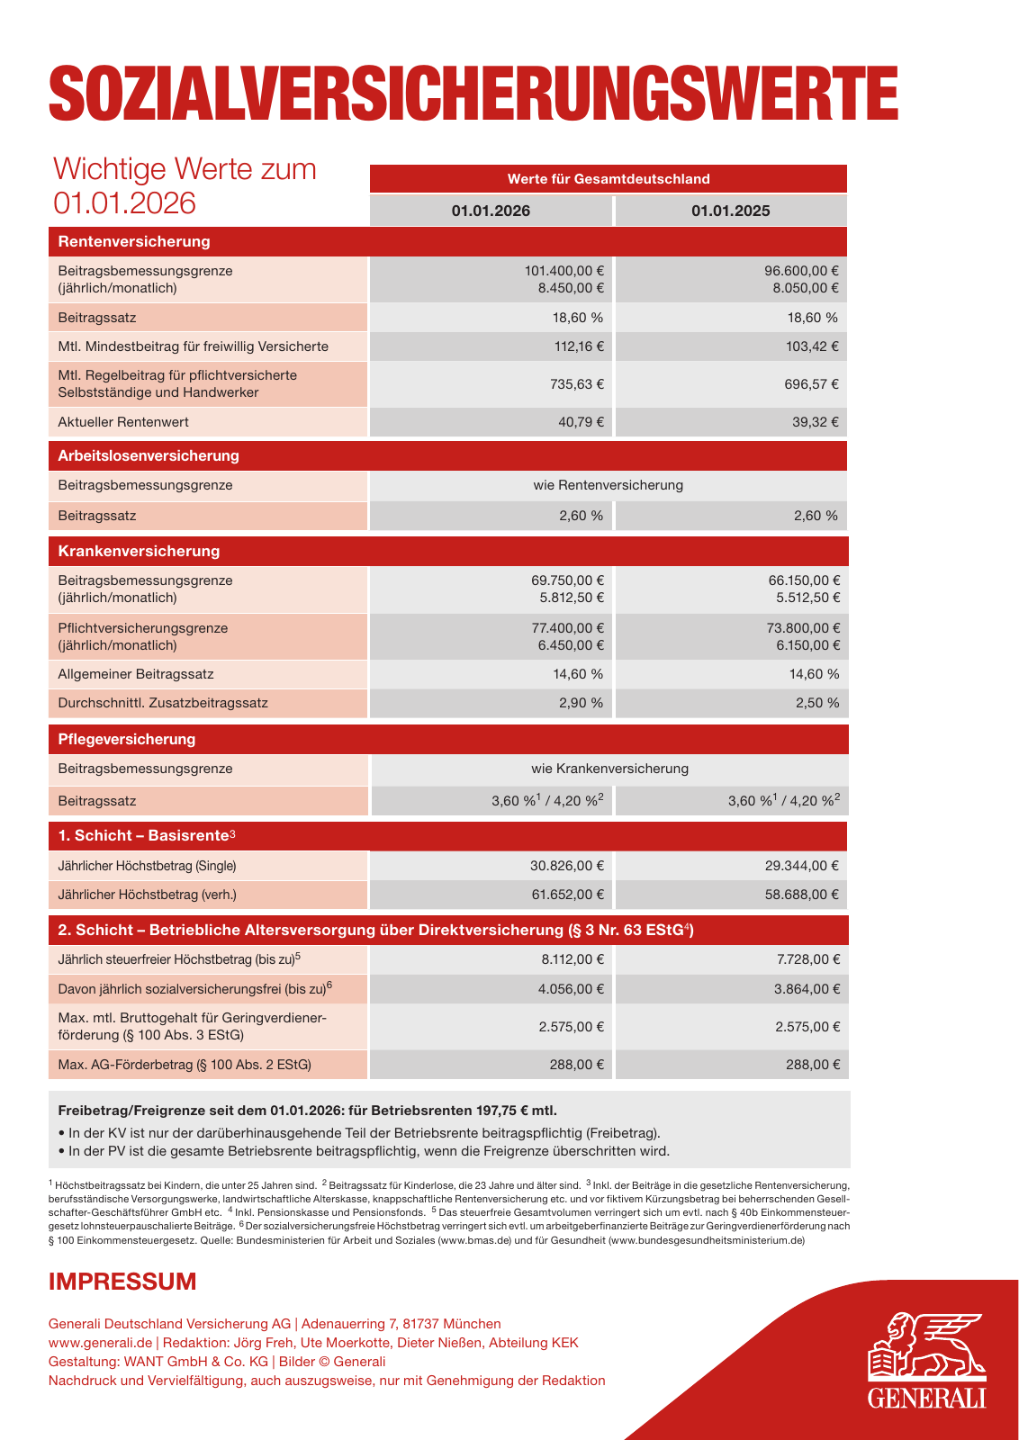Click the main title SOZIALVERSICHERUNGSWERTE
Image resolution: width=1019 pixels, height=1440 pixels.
pyautogui.click(x=473, y=93)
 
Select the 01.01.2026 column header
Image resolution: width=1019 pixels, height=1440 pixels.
pyautogui.click(x=491, y=211)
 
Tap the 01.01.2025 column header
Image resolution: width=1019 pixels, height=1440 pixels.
pyautogui.click(x=730, y=211)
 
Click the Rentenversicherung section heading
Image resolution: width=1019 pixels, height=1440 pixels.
pyautogui.click(x=134, y=241)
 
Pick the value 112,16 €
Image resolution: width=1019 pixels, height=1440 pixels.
pyautogui.click(x=579, y=346)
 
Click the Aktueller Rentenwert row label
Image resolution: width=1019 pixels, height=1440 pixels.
pyautogui.click(x=123, y=422)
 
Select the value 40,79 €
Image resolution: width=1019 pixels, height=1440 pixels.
pyautogui.click(x=581, y=422)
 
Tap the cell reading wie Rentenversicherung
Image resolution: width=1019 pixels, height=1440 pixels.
pyautogui.click(x=608, y=485)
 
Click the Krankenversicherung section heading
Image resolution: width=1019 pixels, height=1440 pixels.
pyautogui.click(x=139, y=551)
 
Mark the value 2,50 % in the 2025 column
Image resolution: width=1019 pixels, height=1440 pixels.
pyautogui.click(x=816, y=703)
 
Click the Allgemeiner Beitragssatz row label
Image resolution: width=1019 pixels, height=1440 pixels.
pyautogui.click(x=136, y=674)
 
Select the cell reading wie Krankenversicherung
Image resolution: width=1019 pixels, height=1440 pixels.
pyautogui.click(x=609, y=769)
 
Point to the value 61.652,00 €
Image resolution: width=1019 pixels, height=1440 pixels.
pyautogui.click(x=566, y=895)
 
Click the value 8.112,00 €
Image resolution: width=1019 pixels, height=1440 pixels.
pyautogui.click(x=572, y=959)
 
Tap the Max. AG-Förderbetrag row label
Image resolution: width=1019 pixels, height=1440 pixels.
pyautogui.click(x=185, y=1065)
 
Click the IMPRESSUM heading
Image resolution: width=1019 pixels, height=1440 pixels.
pyautogui.click(x=122, y=1282)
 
